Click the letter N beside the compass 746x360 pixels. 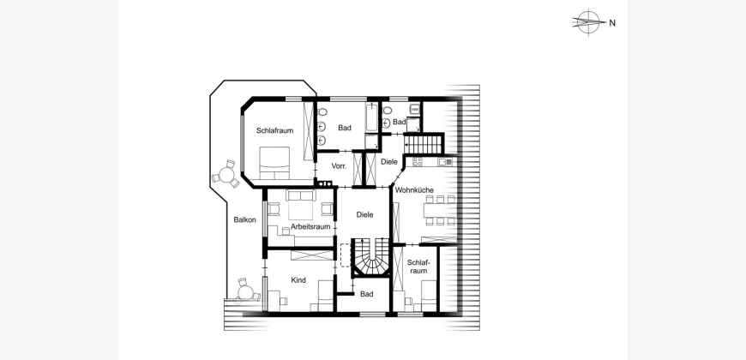tap(612, 23)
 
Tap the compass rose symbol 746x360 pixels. tap(588, 22)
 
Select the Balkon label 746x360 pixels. tap(244, 219)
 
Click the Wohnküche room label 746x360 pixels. tap(414, 190)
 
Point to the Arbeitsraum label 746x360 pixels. tap(310, 227)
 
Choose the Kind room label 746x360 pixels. tap(298, 280)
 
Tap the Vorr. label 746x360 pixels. tap(339, 166)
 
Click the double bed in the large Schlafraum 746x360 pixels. tap(274, 163)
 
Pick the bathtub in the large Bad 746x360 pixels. tap(371, 117)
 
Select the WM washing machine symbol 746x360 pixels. tap(415, 109)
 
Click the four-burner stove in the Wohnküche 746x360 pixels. tap(418, 162)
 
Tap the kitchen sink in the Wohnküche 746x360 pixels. tap(445, 162)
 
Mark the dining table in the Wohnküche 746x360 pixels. tap(441, 210)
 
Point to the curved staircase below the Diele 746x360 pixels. tap(370, 257)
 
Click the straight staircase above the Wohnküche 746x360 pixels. tap(423, 144)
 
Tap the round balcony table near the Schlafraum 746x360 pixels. tap(226, 175)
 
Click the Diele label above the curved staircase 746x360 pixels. tap(365, 215)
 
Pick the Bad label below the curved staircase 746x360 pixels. tap(367, 295)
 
